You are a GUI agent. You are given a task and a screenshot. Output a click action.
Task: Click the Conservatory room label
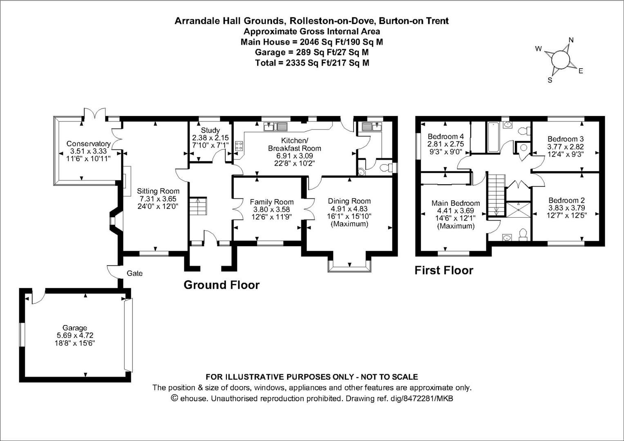pos(88,144)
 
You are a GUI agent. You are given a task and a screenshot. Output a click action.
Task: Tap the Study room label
pos(210,130)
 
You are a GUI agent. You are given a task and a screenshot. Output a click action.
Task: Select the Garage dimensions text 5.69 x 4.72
pos(75,335)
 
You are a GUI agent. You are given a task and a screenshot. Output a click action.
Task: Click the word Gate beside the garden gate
pos(134,273)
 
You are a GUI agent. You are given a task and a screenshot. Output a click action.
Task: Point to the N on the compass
pos(571,40)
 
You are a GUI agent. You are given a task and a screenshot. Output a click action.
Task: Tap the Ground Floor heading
pos(221,285)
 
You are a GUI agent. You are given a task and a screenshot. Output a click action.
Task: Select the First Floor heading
pos(444,270)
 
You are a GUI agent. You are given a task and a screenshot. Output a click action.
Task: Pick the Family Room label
pos(272,202)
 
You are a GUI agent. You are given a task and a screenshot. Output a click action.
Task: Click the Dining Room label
pos(349,201)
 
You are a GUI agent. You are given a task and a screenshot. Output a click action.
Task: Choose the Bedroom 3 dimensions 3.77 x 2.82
pos(566,147)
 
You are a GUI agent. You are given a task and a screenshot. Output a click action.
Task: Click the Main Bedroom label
pos(456,203)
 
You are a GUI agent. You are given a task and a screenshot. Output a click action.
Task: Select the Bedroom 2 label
pos(566,200)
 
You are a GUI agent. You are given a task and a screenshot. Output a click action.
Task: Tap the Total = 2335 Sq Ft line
pos(312,63)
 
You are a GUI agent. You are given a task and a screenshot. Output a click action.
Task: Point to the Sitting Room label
pos(158,191)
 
